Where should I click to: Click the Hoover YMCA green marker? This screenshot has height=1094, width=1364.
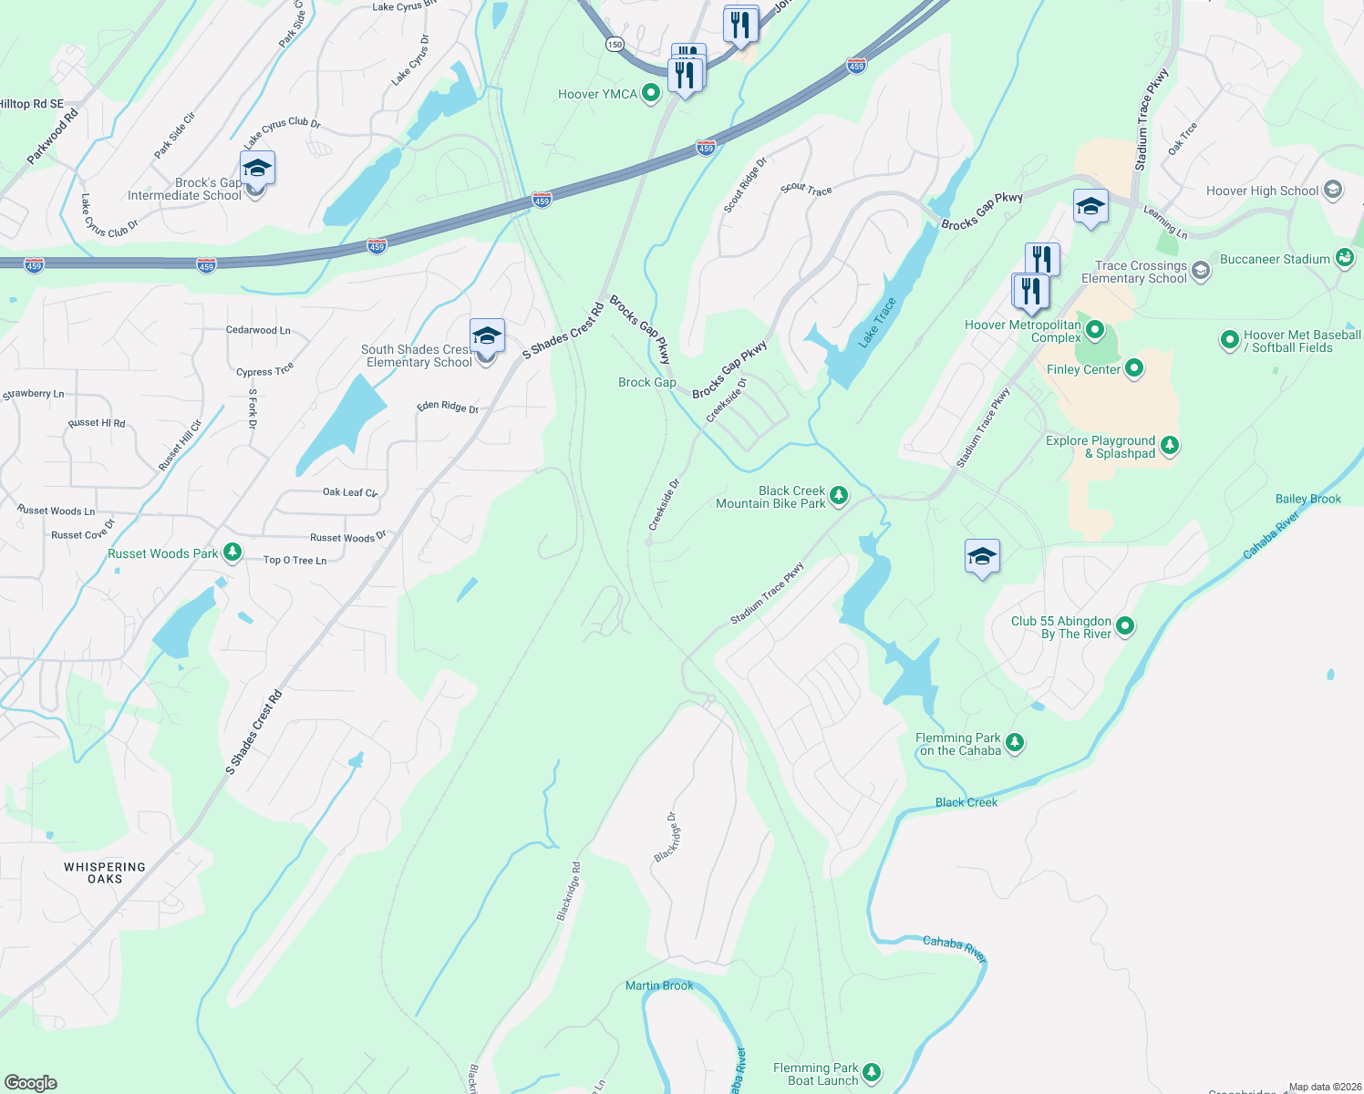pyautogui.click(x=651, y=93)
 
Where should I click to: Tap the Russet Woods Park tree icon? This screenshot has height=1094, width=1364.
pyautogui.click(x=232, y=552)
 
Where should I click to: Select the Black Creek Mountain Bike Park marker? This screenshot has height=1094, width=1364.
pyautogui.click(x=839, y=496)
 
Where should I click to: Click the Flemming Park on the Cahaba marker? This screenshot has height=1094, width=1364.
pyautogui.click(x=1015, y=743)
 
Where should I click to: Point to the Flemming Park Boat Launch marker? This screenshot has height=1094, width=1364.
pyautogui.click(x=872, y=1073)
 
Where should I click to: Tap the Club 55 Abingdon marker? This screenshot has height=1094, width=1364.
pyautogui.click(x=1125, y=626)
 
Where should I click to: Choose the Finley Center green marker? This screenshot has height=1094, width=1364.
pyautogui.click(x=1134, y=368)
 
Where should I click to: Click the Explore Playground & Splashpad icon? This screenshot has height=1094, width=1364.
pyautogui.click(x=1170, y=446)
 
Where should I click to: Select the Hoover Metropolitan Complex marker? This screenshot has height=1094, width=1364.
pyautogui.click(x=1096, y=330)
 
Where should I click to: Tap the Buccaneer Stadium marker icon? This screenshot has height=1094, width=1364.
pyautogui.click(x=1345, y=258)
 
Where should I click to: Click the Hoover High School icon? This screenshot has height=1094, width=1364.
pyautogui.click(x=1333, y=190)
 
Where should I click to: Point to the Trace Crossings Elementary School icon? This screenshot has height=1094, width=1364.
pyautogui.click(x=1201, y=271)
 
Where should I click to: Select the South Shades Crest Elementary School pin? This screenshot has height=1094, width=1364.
pyautogui.click(x=487, y=337)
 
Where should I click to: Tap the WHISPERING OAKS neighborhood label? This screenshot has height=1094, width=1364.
pyautogui.click(x=105, y=872)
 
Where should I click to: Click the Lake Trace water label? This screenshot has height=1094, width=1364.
pyautogui.click(x=877, y=323)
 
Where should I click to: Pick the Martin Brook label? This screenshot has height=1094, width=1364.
pyautogui.click(x=659, y=986)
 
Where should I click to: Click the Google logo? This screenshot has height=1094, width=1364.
pyautogui.click(x=30, y=1082)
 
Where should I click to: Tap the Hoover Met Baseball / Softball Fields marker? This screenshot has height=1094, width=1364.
pyautogui.click(x=1229, y=341)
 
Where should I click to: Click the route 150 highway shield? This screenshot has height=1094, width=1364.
pyautogui.click(x=615, y=45)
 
